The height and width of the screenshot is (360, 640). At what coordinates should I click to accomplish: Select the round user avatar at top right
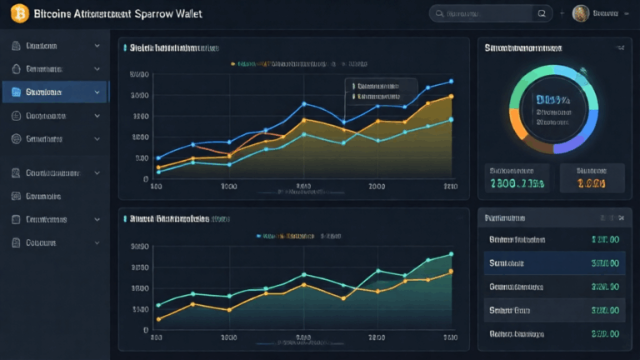click(582, 13)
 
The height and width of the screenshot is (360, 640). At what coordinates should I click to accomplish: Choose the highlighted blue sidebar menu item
click(54, 92)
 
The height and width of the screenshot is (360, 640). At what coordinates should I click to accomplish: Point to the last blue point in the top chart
click(451, 81)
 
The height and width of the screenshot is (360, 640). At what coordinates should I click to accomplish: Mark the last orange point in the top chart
click(451, 97)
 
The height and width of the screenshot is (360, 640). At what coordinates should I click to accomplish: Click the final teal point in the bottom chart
click(451, 253)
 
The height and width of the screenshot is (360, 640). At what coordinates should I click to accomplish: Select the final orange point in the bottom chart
click(451, 271)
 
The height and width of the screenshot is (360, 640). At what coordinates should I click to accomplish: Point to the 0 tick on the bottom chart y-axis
click(145, 330)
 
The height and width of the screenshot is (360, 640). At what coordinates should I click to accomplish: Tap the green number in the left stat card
click(517, 182)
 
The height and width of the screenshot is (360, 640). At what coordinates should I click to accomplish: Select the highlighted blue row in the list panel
click(551, 262)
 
